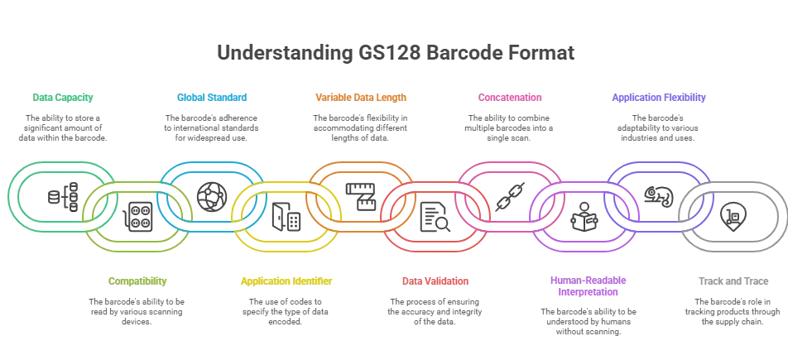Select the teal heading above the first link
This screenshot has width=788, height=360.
coord(64,98)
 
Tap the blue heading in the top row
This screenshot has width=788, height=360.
coord(211,98)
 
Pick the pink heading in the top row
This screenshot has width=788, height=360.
coord(510,98)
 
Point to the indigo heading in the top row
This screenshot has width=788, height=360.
coord(660,98)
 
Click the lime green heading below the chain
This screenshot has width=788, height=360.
coord(137,281)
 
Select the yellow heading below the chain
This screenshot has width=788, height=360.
coord(286,281)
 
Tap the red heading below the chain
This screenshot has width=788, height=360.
coord(435,281)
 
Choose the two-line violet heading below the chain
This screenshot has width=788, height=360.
coord(589,286)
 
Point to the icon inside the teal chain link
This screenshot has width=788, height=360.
coord(60,195)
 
